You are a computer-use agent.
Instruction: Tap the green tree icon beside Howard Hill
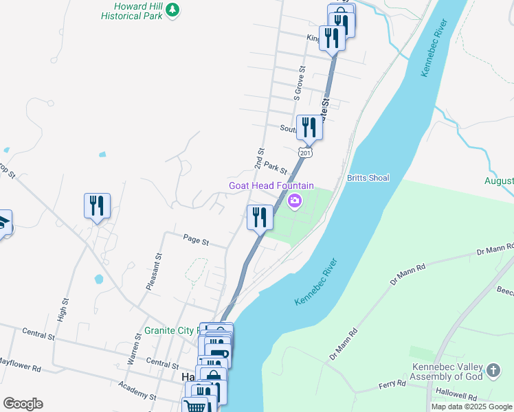click(x=174, y=9)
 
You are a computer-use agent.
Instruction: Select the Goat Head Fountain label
click(x=271, y=185)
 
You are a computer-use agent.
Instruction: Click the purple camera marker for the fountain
click(x=295, y=201)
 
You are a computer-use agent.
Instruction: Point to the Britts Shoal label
click(x=368, y=178)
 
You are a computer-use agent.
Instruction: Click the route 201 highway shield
click(x=306, y=152)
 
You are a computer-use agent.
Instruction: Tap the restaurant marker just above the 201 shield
click(x=309, y=128)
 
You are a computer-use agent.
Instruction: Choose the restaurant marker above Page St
click(x=260, y=218)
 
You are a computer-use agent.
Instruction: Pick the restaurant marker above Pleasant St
click(x=97, y=205)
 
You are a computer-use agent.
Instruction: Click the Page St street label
click(x=196, y=240)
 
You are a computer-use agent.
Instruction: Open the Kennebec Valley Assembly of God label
click(x=449, y=371)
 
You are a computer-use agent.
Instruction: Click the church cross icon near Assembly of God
click(x=493, y=371)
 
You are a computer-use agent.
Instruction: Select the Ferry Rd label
click(x=392, y=386)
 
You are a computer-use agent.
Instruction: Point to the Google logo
click(x=23, y=403)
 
